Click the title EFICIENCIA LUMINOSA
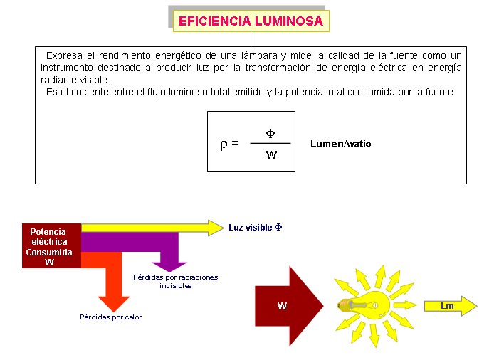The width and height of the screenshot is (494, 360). click(251, 21)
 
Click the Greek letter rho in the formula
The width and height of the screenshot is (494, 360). click(224, 144)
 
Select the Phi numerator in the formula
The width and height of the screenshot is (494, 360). click(270, 133)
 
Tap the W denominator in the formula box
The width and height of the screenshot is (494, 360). click(271, 154)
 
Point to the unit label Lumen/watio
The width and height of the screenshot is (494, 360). click(340, 144)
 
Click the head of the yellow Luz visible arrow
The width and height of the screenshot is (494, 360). click(216, 228)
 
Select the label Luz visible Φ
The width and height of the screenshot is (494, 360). click(256, 228)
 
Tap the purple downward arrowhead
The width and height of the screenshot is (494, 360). click(169, 267)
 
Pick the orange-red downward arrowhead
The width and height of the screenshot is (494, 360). click(114, 304)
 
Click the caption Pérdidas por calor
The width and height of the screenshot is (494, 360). click(110, 317)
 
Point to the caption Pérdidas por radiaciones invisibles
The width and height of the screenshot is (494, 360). click(176, 281)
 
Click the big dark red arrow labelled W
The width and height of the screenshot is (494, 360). click(289, 306)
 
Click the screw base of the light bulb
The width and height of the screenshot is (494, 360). click(344, 305)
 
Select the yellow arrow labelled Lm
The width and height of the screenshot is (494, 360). click(451, 306)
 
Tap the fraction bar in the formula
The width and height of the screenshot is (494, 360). click(270, 144)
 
